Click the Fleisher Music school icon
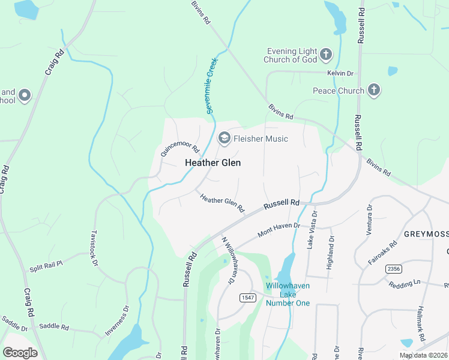point(224,139)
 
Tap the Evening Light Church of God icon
point(326,55)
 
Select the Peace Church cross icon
point(374,91)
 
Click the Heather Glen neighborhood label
point(212,163)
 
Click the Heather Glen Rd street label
point(222,203)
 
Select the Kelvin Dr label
point(340,73)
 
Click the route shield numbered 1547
point(247,298)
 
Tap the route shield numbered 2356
point(394,268)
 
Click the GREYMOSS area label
point(426,233)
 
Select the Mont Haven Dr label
point(278,229)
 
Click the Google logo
point(20,352)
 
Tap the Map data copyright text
point(423,355)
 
